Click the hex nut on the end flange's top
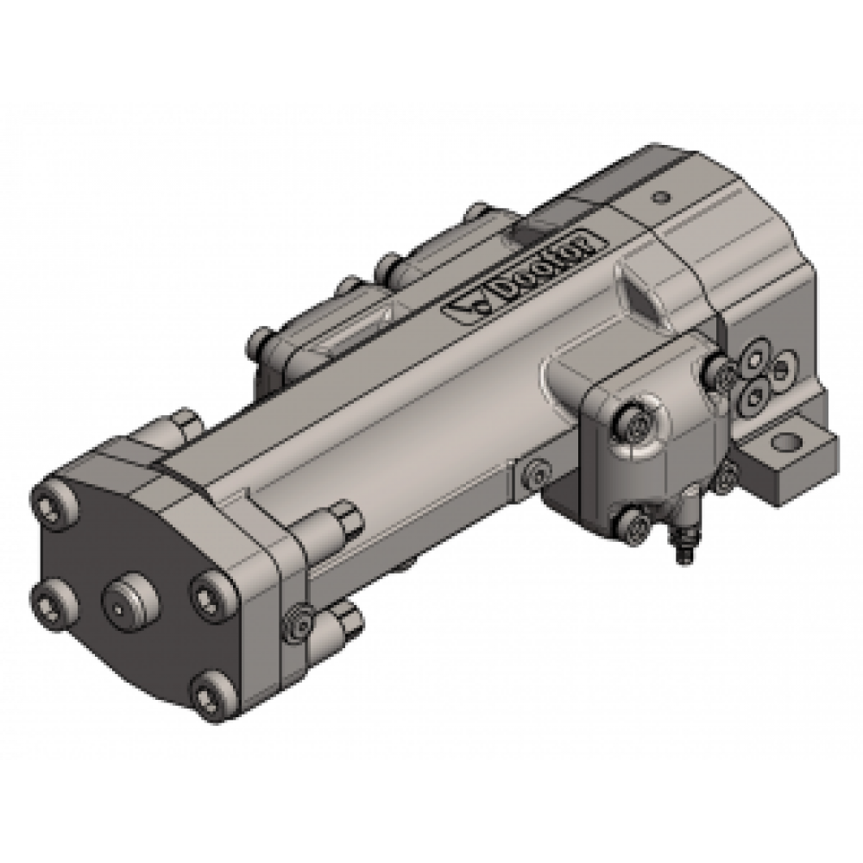184,425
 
